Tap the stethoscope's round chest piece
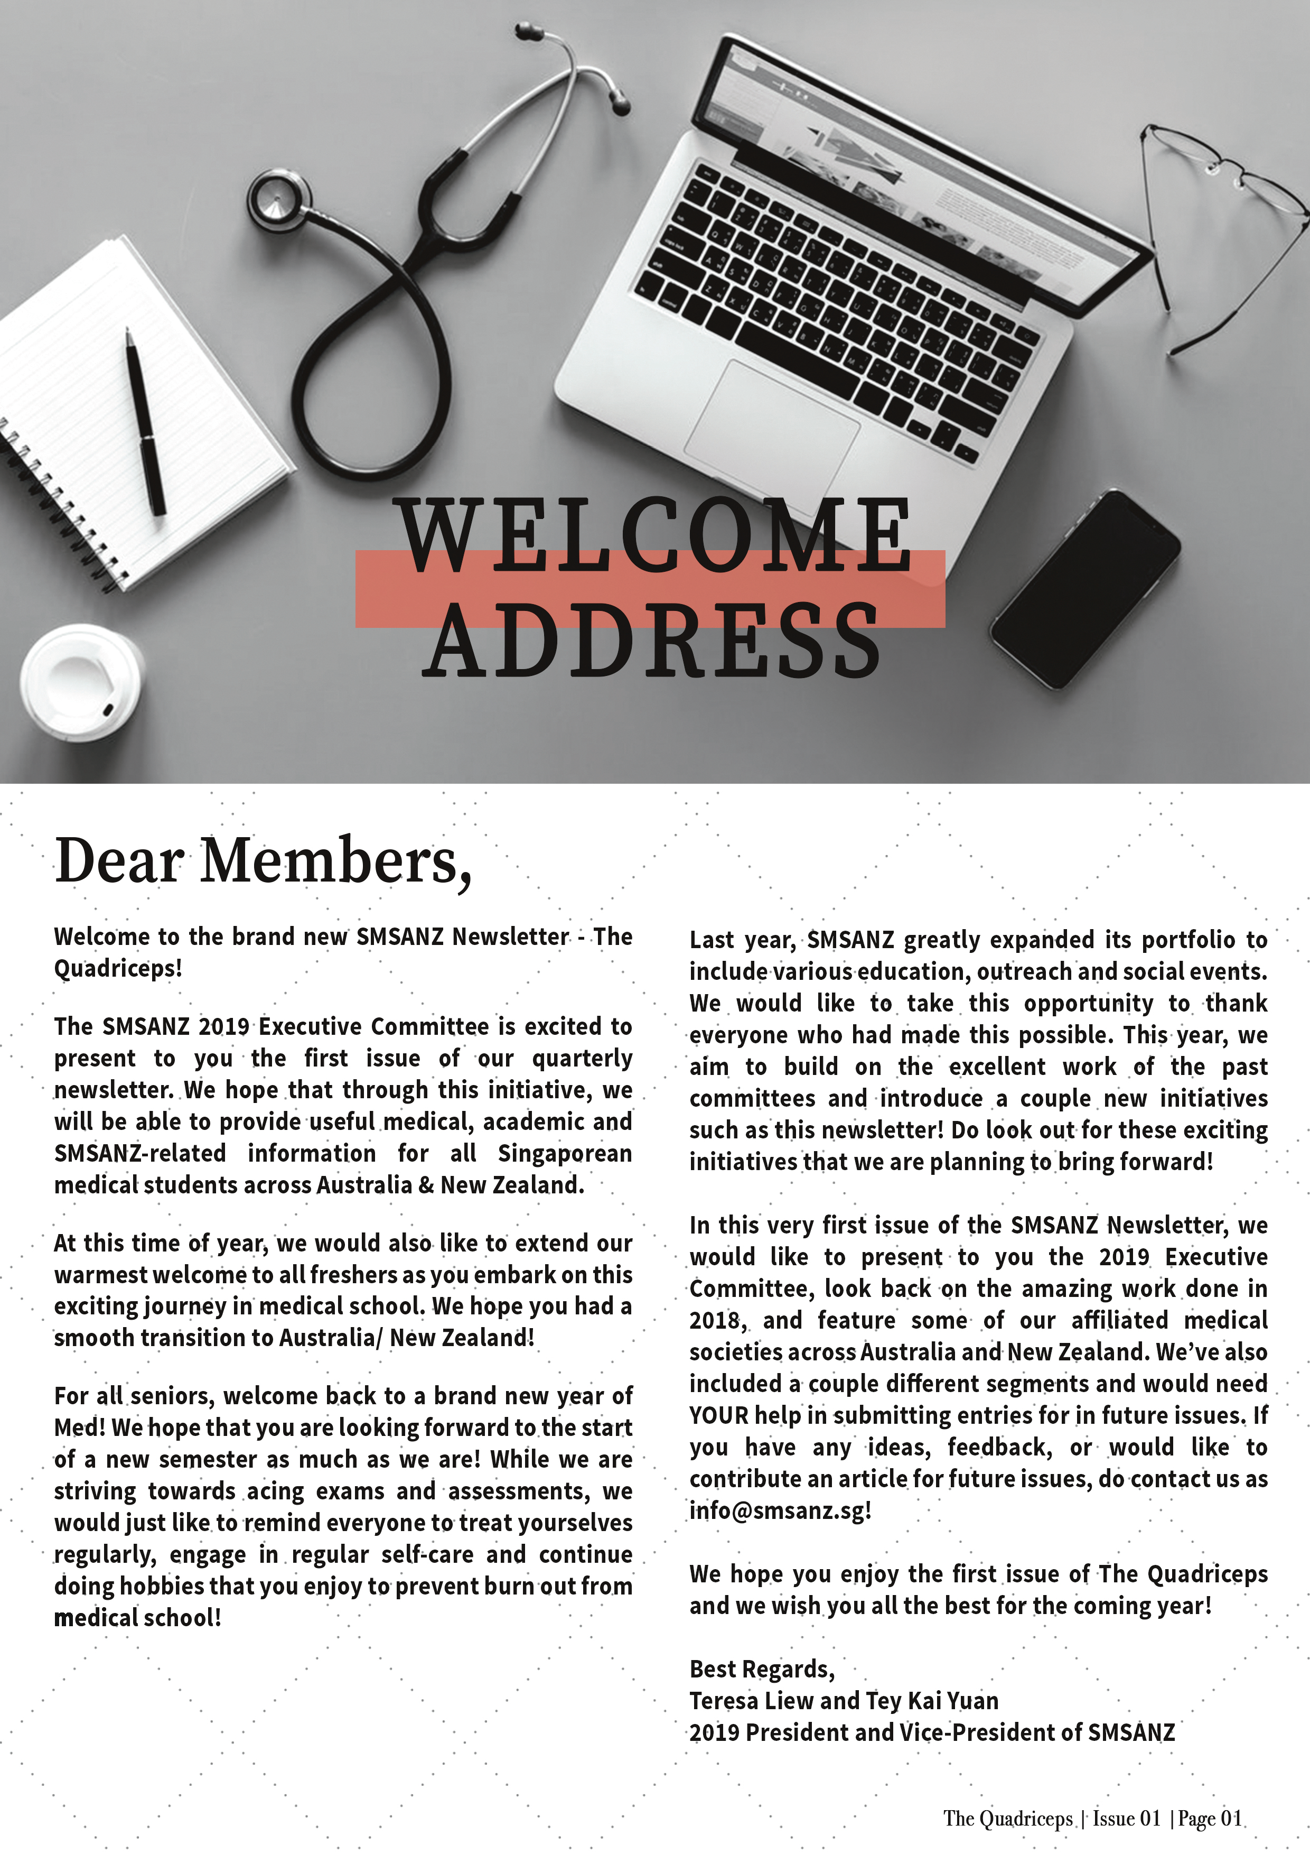pyautogui.click(x=278, y=199)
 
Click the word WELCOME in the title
pyautogui.click(x=654, y=536)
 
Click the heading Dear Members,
pyautogui.click(x=263, y=861)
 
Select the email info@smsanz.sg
pyautogui.click(x=780, y=1510)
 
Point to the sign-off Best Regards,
pyautogui.click(x=761, y=1669)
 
